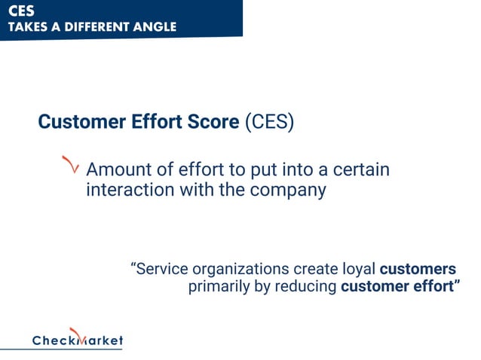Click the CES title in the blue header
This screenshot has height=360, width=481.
coord(21,11)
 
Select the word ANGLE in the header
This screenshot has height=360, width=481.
coord(155,27)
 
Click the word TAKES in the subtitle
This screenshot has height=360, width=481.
coord(29,27)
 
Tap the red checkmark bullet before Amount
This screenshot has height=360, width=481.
coord(71,165)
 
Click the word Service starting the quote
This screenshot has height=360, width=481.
coord(161,269)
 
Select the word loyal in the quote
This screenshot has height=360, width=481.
coord(353,269)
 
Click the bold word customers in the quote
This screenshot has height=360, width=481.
coord(418,269)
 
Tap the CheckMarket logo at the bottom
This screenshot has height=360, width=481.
coord(77,340)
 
